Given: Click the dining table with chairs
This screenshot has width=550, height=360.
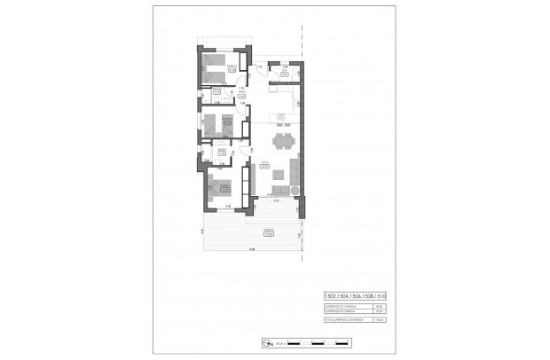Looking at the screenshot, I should coord(283,141).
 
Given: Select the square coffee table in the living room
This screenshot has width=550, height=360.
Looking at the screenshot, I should coord(279,174).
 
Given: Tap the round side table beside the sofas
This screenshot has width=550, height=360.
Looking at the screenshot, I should coord(294,189).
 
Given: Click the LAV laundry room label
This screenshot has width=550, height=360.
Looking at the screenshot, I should coord(284,73).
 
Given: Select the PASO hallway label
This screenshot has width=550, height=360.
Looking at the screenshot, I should coord(240,91).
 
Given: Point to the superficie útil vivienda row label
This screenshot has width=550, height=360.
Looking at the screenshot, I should coord(342,306).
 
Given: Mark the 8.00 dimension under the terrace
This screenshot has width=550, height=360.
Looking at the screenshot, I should coord(251,248).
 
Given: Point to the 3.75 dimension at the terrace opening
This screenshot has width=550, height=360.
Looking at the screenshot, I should coord(276,201).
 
